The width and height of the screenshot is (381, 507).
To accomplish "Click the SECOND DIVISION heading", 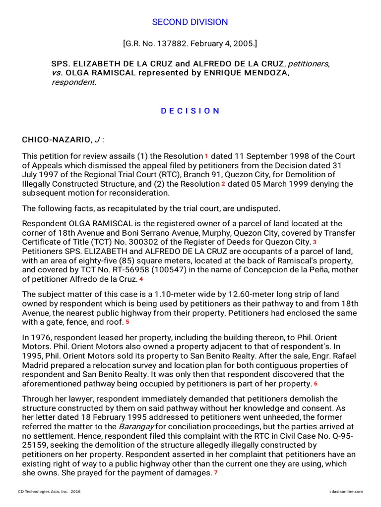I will click(190, 22).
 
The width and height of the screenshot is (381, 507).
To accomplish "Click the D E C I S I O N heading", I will click(190, 111).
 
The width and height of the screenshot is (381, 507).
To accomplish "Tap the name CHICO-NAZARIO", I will click(56, 140).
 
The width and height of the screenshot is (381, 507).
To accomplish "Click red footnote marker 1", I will click(206, 156).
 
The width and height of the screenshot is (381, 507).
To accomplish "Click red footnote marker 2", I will click(223, 184).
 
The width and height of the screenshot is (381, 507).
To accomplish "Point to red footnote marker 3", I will click(315, 242).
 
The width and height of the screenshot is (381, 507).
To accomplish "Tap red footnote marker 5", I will click(127, 322).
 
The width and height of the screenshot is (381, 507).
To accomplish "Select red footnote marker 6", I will click(316, 384).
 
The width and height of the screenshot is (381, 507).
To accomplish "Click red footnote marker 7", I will click(216, 473).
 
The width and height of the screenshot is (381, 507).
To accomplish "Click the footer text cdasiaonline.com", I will click(346, 492).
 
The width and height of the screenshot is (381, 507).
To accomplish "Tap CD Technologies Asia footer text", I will click(49, 492).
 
